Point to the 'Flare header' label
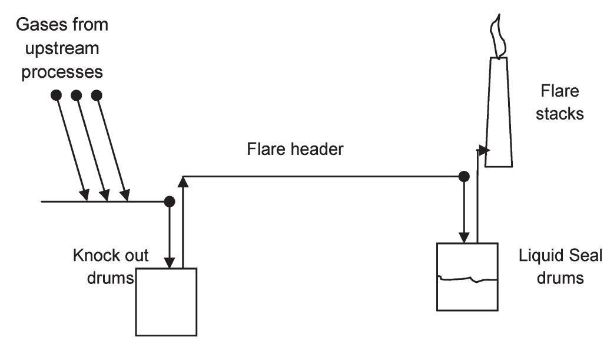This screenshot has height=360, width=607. (x=294, y=150)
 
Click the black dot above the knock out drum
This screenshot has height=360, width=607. (x=170, y=202)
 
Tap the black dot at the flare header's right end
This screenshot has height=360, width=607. (x=464, y=176)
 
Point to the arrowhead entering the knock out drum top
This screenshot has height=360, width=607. (x=170, y=263)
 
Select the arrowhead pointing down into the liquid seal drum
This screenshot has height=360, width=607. (x=464, y=237)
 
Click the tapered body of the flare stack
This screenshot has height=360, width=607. (x=499, y=118)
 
